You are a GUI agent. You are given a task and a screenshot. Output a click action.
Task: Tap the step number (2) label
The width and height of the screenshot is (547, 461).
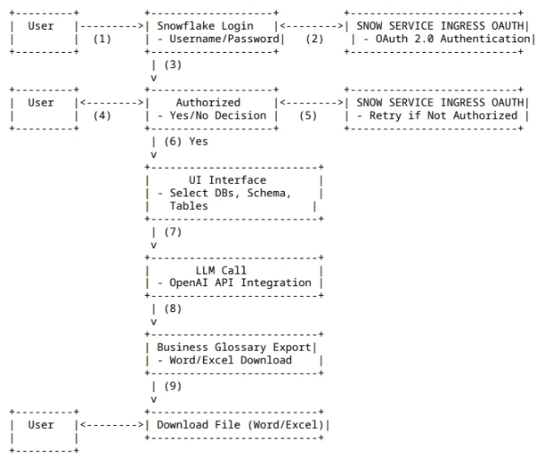tap(315, 39)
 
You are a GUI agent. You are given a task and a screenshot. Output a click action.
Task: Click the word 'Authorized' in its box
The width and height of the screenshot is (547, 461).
tap(208, 103)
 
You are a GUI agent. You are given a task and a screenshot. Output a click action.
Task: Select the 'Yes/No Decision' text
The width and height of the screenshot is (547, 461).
tap(212, 116)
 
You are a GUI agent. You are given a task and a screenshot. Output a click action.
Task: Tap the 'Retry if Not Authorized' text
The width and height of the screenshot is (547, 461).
tap(440, 116)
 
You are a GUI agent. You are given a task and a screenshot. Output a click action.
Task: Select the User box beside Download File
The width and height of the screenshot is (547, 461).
tap(41, 424)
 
